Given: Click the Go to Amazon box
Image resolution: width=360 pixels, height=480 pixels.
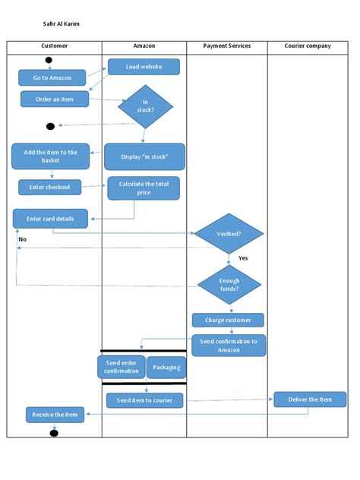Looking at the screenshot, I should click(52, 78).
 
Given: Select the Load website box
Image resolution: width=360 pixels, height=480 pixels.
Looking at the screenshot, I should click(144, 67).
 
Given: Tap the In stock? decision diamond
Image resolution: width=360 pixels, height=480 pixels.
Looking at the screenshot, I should click(145, 106).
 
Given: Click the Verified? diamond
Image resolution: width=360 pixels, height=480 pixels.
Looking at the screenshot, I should click(229, 234).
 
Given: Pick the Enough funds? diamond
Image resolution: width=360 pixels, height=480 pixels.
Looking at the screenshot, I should click(229, 286).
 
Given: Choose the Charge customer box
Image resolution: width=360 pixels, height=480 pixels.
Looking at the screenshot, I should click(228, 320).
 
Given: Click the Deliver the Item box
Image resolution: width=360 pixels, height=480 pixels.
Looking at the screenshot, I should click(310, 399).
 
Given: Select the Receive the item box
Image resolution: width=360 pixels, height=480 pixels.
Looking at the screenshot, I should click(56, 415).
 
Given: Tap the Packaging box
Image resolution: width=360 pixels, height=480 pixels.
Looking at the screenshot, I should click(166, 367).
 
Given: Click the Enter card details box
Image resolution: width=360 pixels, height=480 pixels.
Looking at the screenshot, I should click(50, 219).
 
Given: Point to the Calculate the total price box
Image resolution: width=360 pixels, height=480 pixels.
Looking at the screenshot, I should click(144, 188).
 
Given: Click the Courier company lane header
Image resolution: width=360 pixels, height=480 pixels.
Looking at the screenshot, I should click(308, 46).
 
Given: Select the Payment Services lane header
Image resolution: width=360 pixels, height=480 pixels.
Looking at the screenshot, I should click(227, 46).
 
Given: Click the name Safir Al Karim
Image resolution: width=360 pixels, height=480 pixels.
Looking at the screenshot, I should click(61, 24).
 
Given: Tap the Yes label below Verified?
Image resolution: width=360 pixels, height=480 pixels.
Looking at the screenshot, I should click(243, 258).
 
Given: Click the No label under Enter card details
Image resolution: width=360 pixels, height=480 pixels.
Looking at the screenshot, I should click(22, 239).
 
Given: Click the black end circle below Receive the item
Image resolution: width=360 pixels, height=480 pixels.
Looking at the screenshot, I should click(54, 433).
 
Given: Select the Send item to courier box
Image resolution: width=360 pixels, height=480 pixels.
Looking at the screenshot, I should click(144, 400).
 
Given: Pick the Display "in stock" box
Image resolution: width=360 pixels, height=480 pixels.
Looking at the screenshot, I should click(144, 157).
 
